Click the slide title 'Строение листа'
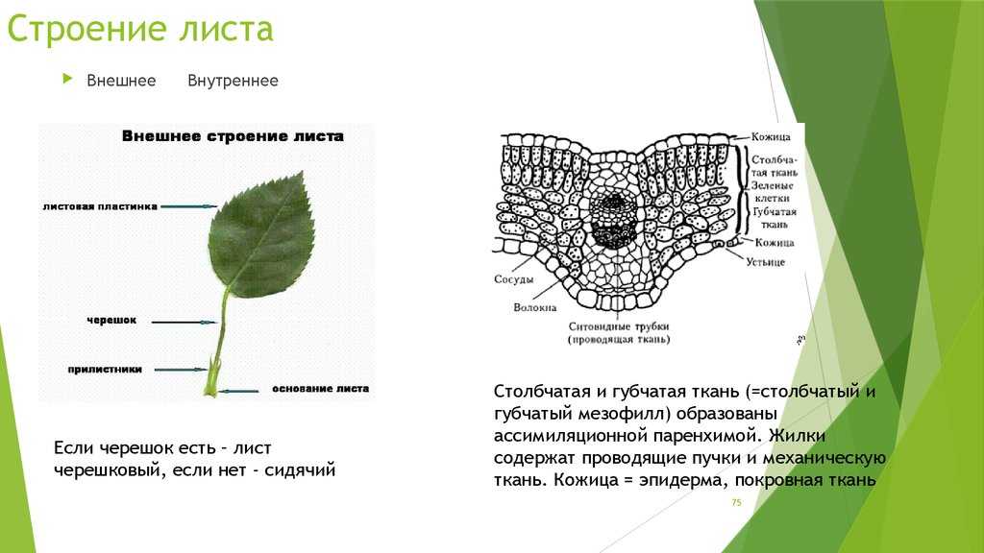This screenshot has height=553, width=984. [x=140, y=29]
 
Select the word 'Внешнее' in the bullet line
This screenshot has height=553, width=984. [x=121, y=81]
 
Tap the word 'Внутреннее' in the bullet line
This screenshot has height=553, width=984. [x=233, y=81]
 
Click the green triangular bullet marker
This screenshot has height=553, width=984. [x=68, y=79]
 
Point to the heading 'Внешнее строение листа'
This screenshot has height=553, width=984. [x=233, y=136]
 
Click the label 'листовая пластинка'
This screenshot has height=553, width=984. [x=100, y=206]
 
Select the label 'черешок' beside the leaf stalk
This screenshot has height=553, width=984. [x=111, y=321]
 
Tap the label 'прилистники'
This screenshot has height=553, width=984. [x=105, y=370]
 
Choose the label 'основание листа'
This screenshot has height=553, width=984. [x=320, y=389]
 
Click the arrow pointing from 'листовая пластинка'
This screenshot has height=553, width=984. [x=188, y=206]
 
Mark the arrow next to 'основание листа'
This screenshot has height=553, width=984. [x=239, y=391]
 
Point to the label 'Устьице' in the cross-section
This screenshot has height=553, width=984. [x=765, y=262]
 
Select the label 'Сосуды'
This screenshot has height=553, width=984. [x=513, y=279]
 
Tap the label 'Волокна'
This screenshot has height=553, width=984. [x=534, y=307]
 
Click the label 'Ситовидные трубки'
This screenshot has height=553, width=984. [x=619, y=326]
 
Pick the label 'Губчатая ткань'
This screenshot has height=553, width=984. [x=775, y=218]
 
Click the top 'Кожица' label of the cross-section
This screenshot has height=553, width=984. [x=772, y=136]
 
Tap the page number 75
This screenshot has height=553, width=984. [x=736, y=502]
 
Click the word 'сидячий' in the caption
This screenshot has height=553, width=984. [x=300, y=470]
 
